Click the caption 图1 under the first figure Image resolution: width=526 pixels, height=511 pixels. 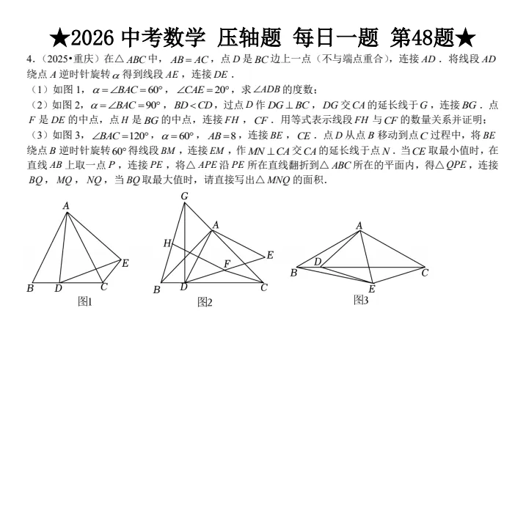pyautogui.click(x=84, y=301)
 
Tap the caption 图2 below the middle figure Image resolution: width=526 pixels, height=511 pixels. pyautogui.click(x=205, y=302)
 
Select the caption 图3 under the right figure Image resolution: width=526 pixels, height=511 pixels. pyautogui.click(x=360, y=300)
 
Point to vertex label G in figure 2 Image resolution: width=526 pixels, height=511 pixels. pyautogui.click(x=184, y=196)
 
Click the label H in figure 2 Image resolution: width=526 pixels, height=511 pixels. pyautogui.click(x=167, y=243)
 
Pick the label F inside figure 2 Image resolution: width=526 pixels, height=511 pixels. pyautogui.click(x=227, y=263)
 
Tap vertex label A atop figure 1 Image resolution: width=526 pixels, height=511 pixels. pyautogui.click(x=66, y=206)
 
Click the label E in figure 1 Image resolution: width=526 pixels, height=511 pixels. pyautogui.click(x=125, y=263)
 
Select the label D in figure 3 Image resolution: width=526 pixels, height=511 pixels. pyautogui.click(x=318, y=262)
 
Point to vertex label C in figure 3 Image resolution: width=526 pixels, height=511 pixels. pyautogui.click(x=424, y=273)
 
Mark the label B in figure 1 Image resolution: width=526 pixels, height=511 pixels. pyautogui.click(x=30, y=288)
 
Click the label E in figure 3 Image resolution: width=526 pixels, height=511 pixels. pyautogui.click(x=372, y=288)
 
